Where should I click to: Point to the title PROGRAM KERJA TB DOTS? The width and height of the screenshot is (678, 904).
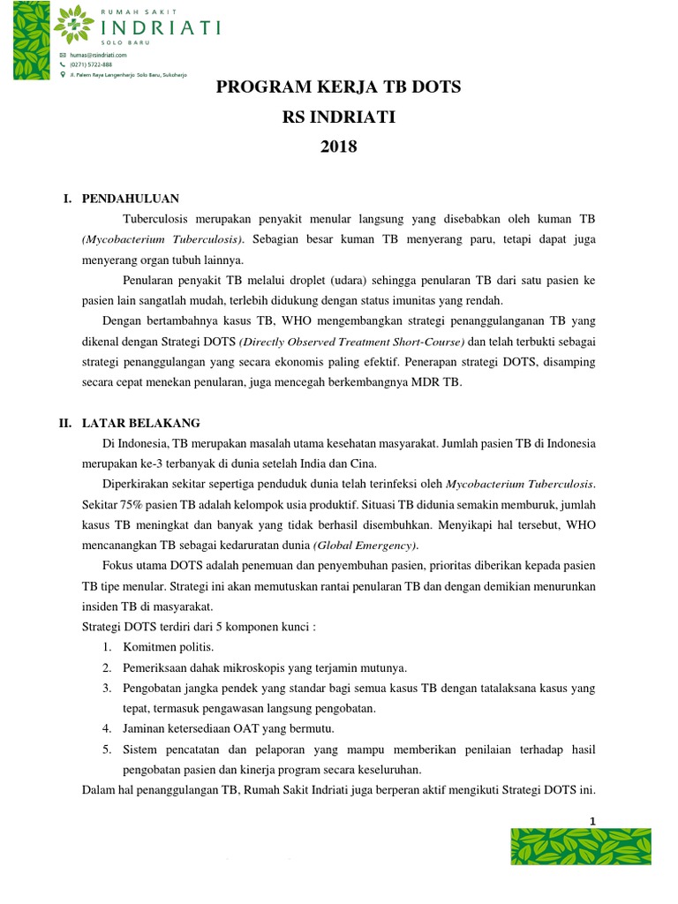coord(339,88)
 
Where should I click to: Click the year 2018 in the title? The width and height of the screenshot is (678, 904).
coord(339,147)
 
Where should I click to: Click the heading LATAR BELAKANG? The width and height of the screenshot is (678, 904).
coord(141,423)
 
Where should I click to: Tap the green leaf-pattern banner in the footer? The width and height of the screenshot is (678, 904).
coord(581,847)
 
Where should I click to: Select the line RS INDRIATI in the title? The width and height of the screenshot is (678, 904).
coord(339,117)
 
